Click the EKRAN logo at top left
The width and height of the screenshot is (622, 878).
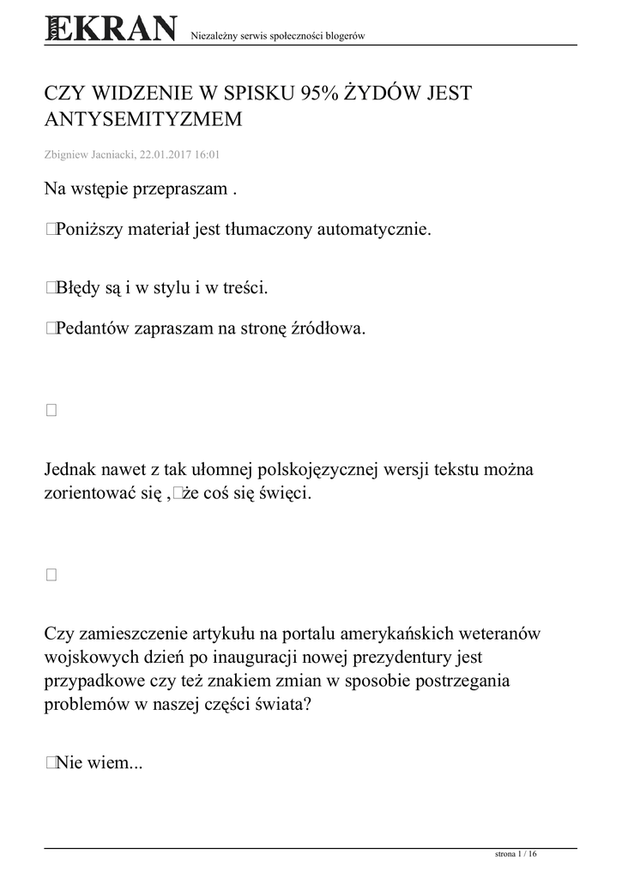[111, 28]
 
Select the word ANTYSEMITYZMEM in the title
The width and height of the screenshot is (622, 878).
[142, 120]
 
